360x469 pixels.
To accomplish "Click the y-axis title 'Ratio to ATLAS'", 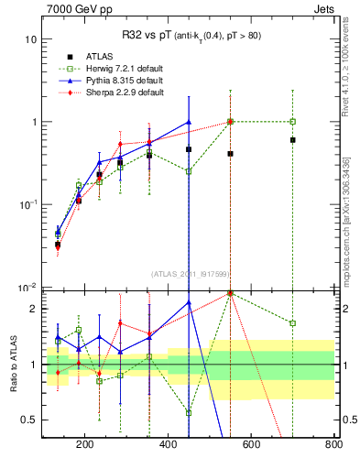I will [13, 365].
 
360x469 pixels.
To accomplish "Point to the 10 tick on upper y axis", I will [30, 39].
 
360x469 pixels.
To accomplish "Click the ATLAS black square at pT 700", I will [292, 140].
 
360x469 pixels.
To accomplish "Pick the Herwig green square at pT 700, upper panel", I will [292, 121].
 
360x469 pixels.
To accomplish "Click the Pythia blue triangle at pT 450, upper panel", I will [189, 122].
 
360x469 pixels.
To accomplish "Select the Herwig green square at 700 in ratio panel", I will [292, 323].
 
